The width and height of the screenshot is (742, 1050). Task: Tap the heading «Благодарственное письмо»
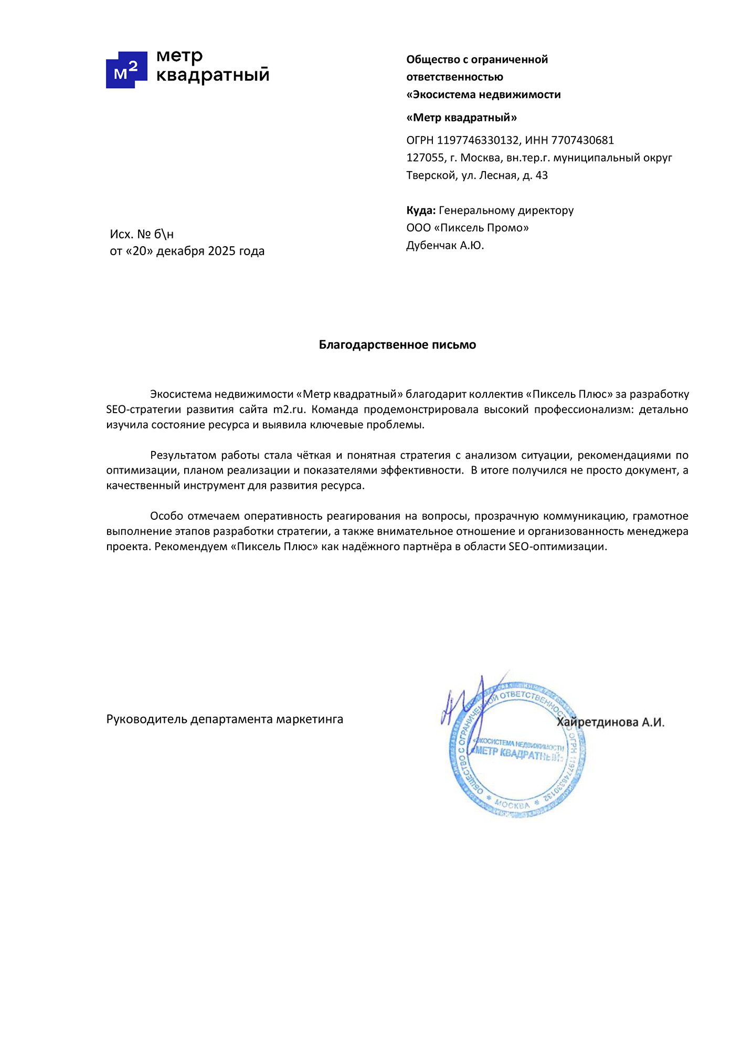[397, 345]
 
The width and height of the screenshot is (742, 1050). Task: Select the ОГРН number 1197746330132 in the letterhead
[478, 140]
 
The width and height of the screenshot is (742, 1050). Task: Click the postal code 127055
[425, 157]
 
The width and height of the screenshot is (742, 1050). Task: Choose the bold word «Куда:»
[421, 211]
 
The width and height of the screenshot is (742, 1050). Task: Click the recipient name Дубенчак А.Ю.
[445, 245]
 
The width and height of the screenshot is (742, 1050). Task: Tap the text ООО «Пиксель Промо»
[468, 228]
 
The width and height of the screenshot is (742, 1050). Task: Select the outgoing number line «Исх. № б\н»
[142, 234]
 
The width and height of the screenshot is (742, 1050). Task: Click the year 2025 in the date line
[221, 251]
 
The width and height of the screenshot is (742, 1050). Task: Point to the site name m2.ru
[289, 409]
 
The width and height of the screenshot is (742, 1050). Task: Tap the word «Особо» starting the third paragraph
[165, 516]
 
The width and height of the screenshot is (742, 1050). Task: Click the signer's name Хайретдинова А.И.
[610, 722]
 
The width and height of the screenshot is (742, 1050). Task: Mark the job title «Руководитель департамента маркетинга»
[225, 719]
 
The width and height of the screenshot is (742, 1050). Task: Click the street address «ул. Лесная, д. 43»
[504, 175]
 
